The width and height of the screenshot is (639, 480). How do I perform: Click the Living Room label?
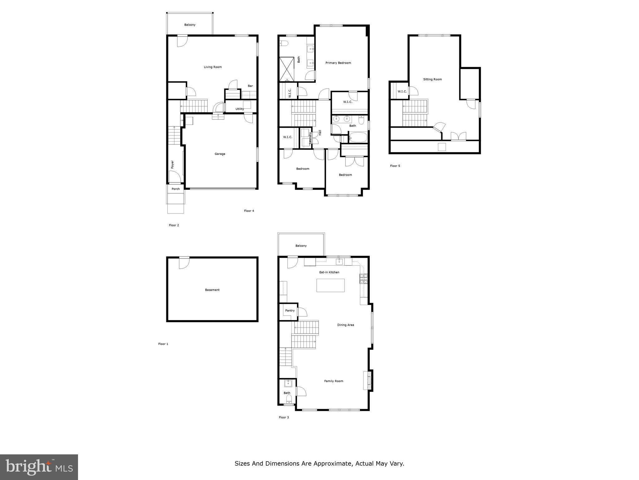[x=213, y=67]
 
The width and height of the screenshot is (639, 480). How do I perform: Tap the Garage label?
[x=220, y=154]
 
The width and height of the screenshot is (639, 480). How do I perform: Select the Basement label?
[x=212, y=290]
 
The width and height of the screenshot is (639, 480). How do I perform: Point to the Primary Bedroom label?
[x=338, y=63]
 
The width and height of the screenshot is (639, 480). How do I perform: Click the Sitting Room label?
[x=432, y=79]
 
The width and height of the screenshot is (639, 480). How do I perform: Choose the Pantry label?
[x=290, y=311]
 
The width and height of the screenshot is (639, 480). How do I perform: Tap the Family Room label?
[x=334, y=381]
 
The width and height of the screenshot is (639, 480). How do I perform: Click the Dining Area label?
[x=345, y=325]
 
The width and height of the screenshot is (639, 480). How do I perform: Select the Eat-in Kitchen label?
[x=329, y=272]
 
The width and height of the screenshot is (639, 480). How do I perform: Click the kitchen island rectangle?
[x=330, y=285]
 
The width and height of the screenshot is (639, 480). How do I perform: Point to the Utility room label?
[x=240, y=109]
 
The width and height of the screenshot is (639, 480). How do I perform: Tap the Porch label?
[x=176, y=189]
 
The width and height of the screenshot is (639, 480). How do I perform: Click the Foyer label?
[x=172, y=164]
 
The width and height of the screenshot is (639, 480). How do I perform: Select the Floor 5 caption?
[x=395, y=166]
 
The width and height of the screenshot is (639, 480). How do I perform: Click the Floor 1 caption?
[x=163, y=344]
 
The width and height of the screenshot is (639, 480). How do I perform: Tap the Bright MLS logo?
[x=39, y=467]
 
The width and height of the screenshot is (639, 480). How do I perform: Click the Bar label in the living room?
[x=250, y=86]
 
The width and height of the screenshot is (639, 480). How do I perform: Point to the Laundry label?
[x=310, y=138]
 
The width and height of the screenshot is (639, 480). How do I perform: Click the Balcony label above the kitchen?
[x=301, y=246]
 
